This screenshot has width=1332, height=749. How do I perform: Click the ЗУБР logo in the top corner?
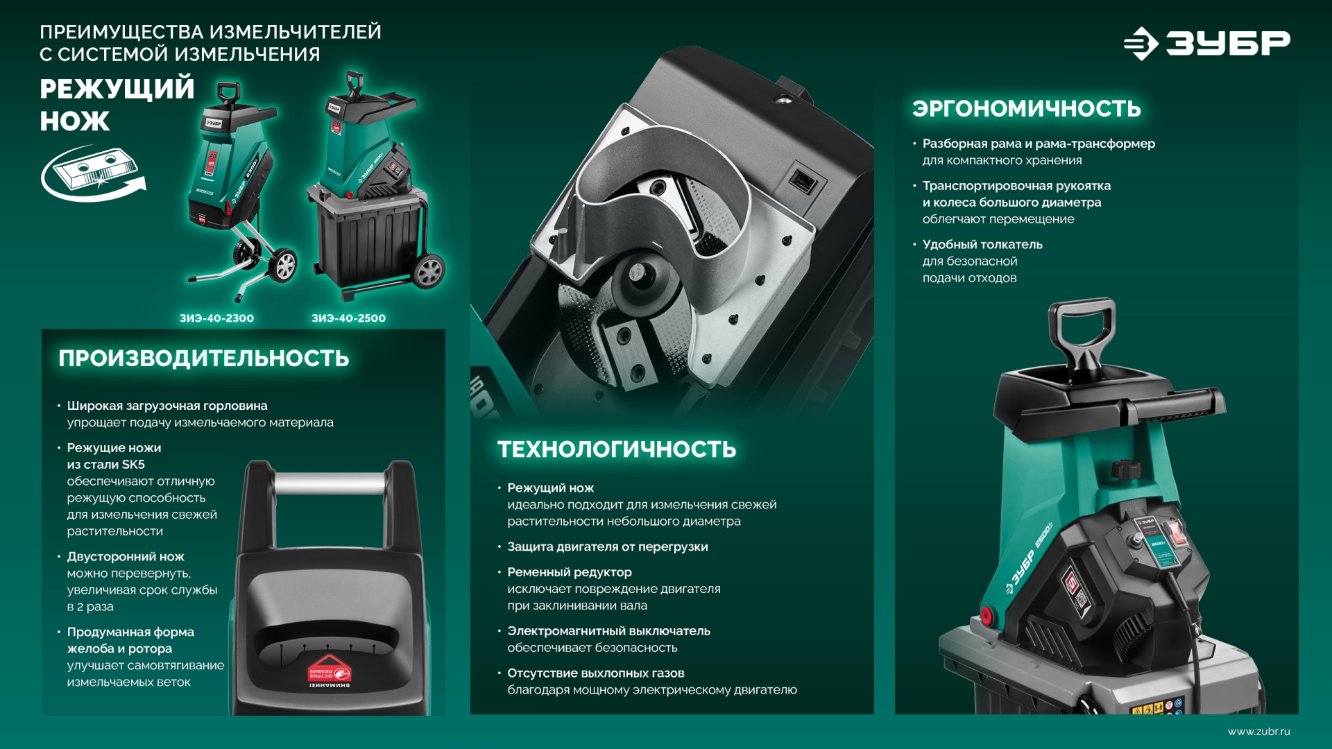(x=1207, y=44)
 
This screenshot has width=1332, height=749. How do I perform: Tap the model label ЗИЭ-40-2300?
(x=216, y=318)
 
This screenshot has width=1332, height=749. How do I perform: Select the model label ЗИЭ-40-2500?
(x=348, y=318)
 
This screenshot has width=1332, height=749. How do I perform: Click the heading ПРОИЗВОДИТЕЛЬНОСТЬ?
(x=204, y=359)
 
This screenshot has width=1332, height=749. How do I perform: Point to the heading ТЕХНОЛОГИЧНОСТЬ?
(x=617, y=449)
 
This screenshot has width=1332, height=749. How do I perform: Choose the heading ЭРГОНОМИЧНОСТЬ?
(x=1027, y=109)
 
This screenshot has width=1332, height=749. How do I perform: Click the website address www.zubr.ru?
(x=1258, y=732)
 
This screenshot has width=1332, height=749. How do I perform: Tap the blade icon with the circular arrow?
(x=92, y=173)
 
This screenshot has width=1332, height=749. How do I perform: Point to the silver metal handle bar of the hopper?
(x=330, y=483)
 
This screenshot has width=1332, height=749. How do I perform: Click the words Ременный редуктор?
(x=570, y=572)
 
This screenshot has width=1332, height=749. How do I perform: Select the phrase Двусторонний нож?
(x=126, y=557)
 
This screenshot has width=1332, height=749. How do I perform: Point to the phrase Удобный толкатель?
(x=982, y=245)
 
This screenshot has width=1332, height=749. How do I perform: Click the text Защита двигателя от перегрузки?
(x=608, y=547)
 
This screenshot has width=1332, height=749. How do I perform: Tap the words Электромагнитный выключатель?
(x=608, y=631)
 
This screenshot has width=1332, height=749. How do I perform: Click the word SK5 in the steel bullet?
(x=133, y=465)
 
